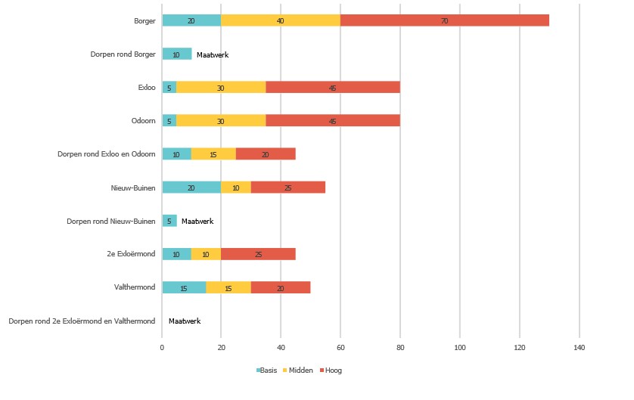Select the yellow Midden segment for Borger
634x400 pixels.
click(x=281, y=20)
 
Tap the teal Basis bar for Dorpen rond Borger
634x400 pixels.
click(x=176, y=54)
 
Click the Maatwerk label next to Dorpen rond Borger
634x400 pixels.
click(x=213, y=54)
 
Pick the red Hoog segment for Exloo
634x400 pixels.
click(x=333, y=88)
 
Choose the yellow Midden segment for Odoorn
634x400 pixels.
click(x=221, y=121)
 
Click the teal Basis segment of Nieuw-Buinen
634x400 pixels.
click(x=191, y=187)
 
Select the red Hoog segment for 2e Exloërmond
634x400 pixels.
click(x=258, y=254)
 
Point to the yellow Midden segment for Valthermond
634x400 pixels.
click(x=228, y=287)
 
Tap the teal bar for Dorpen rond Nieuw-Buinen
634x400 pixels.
click(x=169, y=221)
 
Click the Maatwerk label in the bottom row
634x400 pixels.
click(x=185, y=321)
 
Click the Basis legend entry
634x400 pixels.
click(x=267, y=371)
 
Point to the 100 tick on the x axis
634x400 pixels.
click(x=460, y=348)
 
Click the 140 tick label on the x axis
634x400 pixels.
click(x=580, y=348)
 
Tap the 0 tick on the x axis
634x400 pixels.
click(x=162, y=348)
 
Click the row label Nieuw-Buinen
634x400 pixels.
click(x=133, y=187)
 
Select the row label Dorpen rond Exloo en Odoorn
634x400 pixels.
click(x=107, y=154)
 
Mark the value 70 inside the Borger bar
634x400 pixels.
click(x=444, y=21)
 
